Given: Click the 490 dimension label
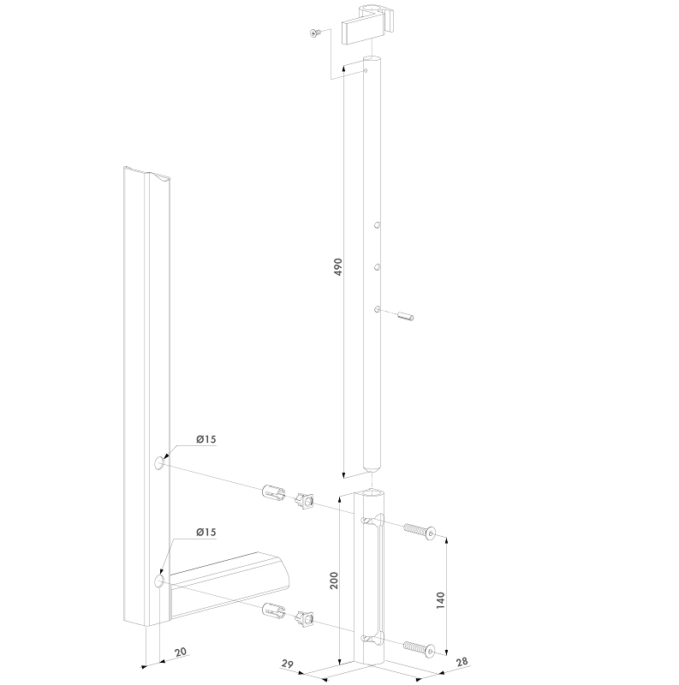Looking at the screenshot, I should point(337,266).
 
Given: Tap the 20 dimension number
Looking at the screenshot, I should point(179,653).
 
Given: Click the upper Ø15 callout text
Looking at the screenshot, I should point(205,439).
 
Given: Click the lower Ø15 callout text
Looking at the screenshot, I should point(205,533).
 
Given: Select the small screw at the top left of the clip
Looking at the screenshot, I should point(315,33).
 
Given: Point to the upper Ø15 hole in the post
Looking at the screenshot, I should point(158,463).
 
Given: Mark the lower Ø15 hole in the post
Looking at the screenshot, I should point(158,581).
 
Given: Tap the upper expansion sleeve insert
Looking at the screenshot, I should point(271,494).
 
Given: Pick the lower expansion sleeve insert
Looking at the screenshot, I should point(271,611).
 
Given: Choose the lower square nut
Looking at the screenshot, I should point(305,616).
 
